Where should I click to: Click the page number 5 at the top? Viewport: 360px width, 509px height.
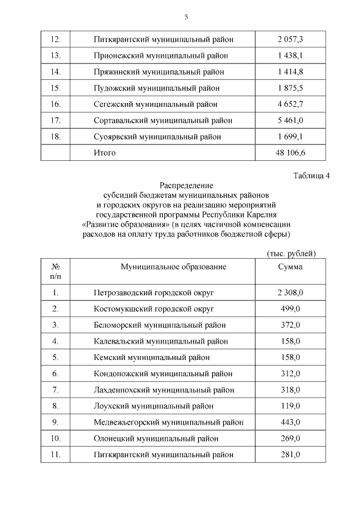(x=186, y=17)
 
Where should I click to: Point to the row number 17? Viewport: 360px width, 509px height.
(x=55, y=121)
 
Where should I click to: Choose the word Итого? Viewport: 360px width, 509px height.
(x=105, y=152)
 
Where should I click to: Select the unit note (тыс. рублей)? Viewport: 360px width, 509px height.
(x=291, y=254)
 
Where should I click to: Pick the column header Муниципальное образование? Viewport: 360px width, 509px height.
(x=174, y=267)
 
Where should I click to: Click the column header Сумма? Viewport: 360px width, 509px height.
(x=290, y=267)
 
